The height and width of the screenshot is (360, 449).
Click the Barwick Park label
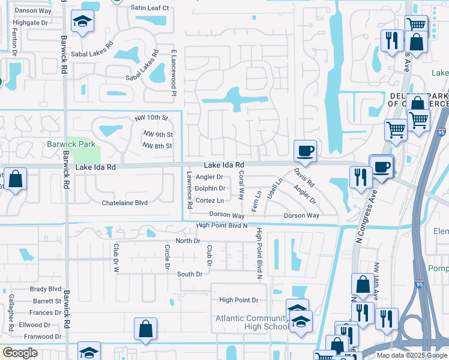click(71, 144)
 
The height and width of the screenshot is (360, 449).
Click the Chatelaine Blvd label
click(124, 203)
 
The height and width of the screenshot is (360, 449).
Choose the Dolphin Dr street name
click(209, 188)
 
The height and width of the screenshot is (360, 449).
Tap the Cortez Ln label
click(209, 200)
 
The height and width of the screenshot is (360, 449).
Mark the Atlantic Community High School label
click(252, 322)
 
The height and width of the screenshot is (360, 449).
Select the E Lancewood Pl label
click(173, 72)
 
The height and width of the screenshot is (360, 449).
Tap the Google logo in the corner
click(20, 353)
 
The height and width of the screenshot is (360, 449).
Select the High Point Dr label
click(238, 300)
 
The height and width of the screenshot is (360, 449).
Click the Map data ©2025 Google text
click(411, 355)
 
